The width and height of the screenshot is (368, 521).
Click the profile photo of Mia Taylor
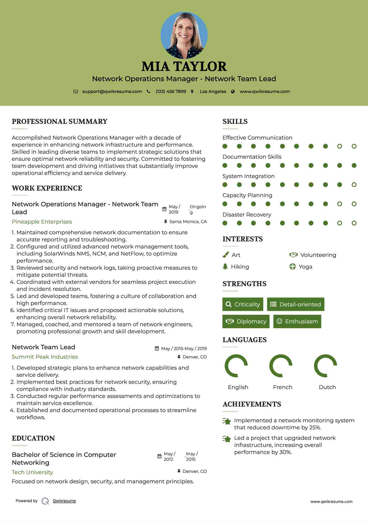(184, 35)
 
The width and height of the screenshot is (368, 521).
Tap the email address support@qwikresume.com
(112, 91)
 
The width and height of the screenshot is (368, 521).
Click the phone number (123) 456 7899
(171, 91)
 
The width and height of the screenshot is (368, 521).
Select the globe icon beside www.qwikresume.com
(233, 91)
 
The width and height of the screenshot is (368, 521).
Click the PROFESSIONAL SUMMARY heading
(60, 121)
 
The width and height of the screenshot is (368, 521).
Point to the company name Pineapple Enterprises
(42, 222)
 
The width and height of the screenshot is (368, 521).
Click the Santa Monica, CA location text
(188, 221)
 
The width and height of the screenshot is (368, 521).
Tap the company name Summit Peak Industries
(45, 357)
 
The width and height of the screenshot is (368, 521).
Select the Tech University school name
(32, 472)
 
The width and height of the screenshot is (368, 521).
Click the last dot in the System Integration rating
(354, 185)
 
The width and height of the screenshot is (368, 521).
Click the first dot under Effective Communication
(225, 146)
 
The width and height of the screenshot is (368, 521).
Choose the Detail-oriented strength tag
(296, 304)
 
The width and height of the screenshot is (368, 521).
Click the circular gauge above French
(281, 366)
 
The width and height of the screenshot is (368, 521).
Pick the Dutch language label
(327, 387)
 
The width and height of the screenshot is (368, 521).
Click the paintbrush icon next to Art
(225, 255)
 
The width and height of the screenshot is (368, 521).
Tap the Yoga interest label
(305, 267)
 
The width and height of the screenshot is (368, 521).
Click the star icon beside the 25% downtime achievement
(227, 421)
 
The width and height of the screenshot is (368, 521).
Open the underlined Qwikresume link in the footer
(64, 501)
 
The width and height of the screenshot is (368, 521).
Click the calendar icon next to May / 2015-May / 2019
(157, 348)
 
